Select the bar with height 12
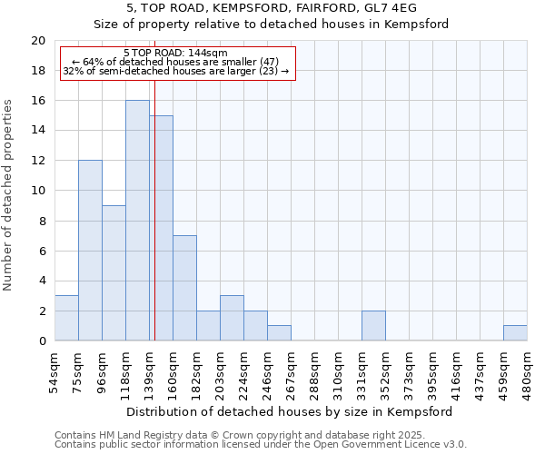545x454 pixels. tap(90, 251)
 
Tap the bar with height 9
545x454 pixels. tap(114, 272)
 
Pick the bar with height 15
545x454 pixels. tap(162, 228)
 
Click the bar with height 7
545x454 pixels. tap(184, 288)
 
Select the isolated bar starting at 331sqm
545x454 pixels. tap(373, 325)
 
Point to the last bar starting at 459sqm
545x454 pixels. tap(515, 332)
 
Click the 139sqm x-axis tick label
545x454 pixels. tap(149, 370)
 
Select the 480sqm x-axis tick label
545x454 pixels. tap(527, 370)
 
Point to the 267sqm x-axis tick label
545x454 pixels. tap(291, 370)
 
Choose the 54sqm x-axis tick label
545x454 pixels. tap(54, 370)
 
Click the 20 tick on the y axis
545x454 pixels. tap(38, 41)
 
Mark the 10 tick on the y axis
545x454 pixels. tap(38, 191)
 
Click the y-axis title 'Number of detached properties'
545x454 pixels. tap(9, 191)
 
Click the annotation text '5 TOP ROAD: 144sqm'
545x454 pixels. tap(176, 54)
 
